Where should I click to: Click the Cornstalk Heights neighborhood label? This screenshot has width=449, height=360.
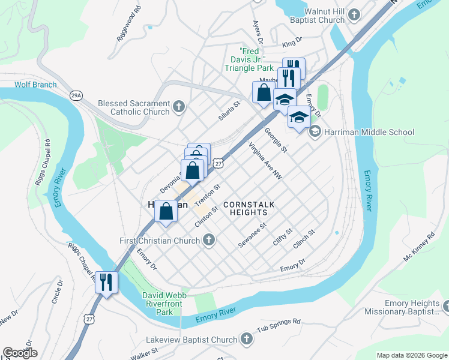(x=249, y=209)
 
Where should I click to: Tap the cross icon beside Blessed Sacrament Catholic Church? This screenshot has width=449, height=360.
(x=178, y=107)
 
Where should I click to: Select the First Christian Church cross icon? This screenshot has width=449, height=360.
(x=208, y=241)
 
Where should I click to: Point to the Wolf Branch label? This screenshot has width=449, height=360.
(x=36, y=85)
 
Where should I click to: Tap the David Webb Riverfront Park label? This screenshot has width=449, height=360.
(x=164, y=304)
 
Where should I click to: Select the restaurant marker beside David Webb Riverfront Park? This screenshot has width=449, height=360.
(x=107, y=281)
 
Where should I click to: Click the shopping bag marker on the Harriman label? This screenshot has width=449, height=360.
(x=167, y=211)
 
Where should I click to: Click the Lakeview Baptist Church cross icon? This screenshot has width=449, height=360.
(x=246, y=340)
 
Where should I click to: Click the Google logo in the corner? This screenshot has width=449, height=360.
(x=20, y=353)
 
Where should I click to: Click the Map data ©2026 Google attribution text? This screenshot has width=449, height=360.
(x=411, y=355)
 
